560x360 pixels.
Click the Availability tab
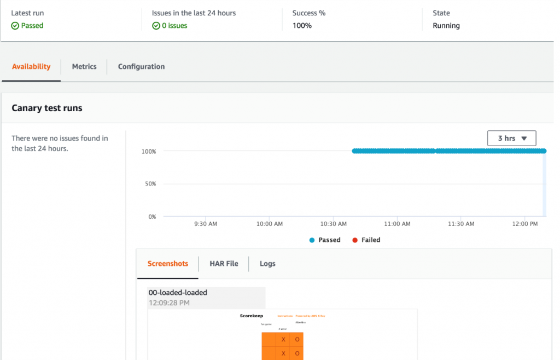pyautogui.click(x=31, y=67)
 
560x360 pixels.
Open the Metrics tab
pyautogui.click(x=84, y=67)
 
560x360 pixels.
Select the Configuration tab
pyautogui.click(x=141, y=67)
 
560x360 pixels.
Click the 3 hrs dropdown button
pyautogui.click(x=511, y=138)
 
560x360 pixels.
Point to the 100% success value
pyautogui.click(x=302, y=26)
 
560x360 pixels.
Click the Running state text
pyautogui.click(x=446, y=26)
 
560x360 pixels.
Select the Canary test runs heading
pyautogui.click(x=47, y=108)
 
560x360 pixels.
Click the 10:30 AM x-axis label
pyautogui.click(x=334, y=224)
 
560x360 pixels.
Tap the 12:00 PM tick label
pyautogui.click(x=526, y=224)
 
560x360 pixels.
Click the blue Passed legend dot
pyautogui.click(x=312, y=240)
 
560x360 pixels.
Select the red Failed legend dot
pyautogui.click(x=355, y=240)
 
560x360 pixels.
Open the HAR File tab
pyautogui.click(x=224, y=264)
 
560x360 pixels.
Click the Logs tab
pyautogui.click(x=267, y=264)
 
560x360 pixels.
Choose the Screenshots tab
pyautogui.click(x=168, y=264)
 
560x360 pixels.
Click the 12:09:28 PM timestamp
pyautogui.click(x=169, y=303)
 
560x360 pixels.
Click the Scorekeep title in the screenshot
pyautogui.click(x=252, y=316)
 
